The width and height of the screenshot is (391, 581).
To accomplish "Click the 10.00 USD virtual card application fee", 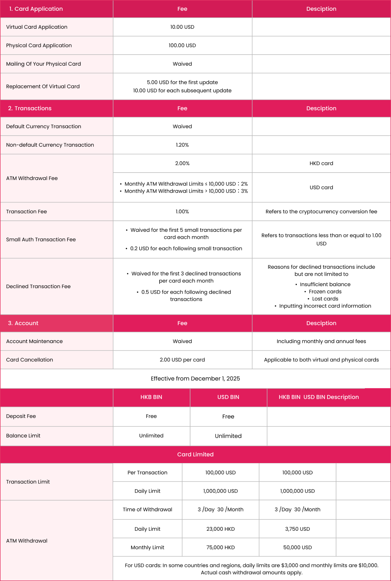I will [x=182, y=27].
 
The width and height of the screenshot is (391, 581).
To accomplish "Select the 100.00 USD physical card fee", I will [x=182, y=45].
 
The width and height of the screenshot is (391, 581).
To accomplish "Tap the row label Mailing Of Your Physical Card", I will [x=44, y=64].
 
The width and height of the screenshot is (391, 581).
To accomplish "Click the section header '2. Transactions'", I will [x=30, y=108].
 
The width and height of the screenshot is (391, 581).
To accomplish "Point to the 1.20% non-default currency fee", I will [x=182, y=145].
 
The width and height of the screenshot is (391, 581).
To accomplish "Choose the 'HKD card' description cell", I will [x=321, y=164].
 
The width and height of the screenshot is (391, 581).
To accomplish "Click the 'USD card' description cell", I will [x=321, y=188].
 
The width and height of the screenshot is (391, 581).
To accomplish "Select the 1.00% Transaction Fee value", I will [x=182, y=212].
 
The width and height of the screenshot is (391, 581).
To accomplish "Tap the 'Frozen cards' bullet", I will [x=325, y=292].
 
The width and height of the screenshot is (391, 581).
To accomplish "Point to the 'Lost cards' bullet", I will [x=325, y=299].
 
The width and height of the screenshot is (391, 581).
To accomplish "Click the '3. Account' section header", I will [x=23, y=323].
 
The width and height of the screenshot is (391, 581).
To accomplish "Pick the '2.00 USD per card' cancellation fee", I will [x=182, y=360].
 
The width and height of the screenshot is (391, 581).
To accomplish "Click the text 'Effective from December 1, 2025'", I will [x=195, y=379].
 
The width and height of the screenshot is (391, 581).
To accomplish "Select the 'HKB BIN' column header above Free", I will [x=151, y=397].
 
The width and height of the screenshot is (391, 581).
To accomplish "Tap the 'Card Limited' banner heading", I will [x=195, y=455].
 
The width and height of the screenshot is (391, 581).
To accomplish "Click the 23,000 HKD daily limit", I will [x=220, y=529].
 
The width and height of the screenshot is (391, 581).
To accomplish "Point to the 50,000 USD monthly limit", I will [x=297, y=548].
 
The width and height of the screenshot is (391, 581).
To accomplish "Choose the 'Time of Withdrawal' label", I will [x=147, y=510].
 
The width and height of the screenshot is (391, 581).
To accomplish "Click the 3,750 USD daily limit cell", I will [x=297, y=529].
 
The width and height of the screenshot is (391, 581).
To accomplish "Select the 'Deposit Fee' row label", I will [x=21, y=416].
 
